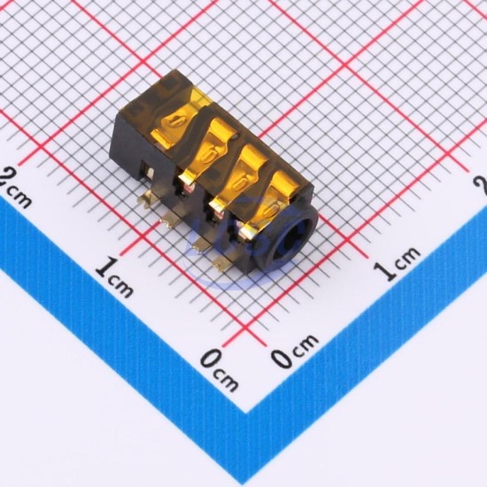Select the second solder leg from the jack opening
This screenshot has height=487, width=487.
(x=199, y=246)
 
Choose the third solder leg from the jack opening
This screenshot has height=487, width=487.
(x=170, y=221)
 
